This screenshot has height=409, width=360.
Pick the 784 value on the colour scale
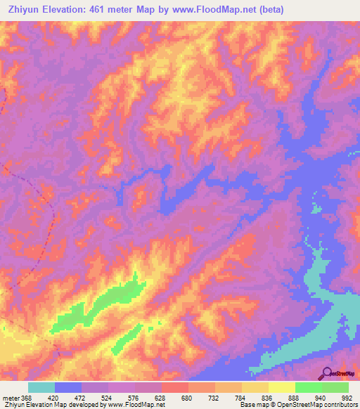(x=240, y=398)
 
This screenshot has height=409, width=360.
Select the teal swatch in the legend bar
(x=41, y=387)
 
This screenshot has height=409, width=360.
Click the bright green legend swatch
(x=308, y=387)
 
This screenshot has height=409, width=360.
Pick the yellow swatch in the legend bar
(x=281, y=387)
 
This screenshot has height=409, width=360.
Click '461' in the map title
(x=106, y=9)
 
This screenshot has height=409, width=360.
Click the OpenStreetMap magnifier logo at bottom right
(x=327, y=373)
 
